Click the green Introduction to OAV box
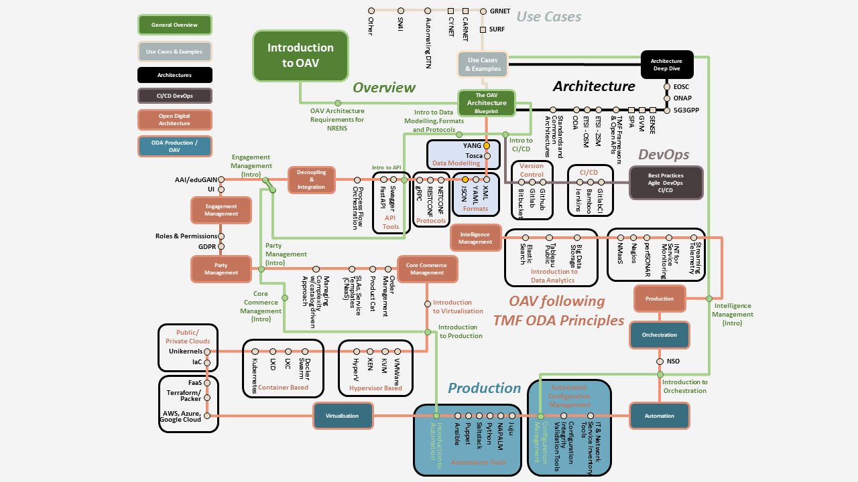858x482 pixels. [300, 56]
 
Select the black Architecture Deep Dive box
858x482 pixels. [666, 65]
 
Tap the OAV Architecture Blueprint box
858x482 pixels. [487, 103]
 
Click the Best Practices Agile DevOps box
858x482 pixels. [666, 183]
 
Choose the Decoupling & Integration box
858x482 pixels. [311, 179]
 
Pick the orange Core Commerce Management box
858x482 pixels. [427, 269]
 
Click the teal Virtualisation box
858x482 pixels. [343, 416]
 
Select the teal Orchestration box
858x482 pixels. [659, 335]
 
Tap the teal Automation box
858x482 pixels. [659, 416]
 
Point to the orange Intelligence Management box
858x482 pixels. [475, 238]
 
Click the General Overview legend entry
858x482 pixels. [174, 25]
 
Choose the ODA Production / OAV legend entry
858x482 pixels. [174, 146]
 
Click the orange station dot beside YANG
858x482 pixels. [487, 145]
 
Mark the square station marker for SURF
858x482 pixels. [483, 29]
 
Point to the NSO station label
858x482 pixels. [672, 361]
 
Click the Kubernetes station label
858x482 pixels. [255, 376]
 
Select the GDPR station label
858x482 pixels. [206, 246]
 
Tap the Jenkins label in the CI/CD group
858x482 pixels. [578, 200]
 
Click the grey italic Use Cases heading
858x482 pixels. [548, 16]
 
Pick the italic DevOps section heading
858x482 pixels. [664, 155]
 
